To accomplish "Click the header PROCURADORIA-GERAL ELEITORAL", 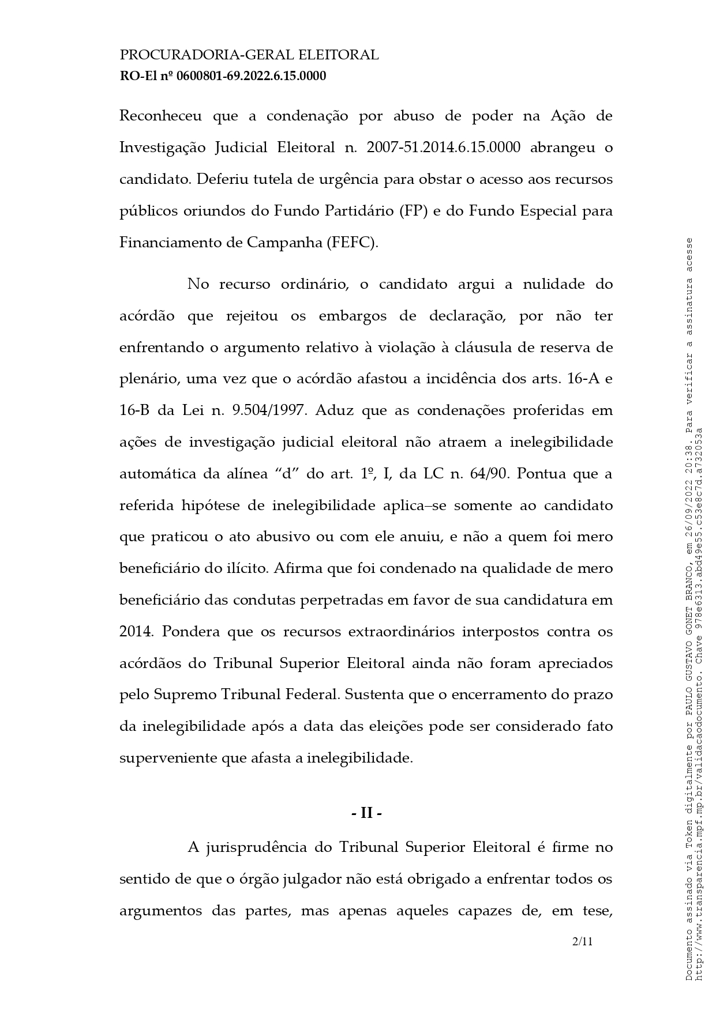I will click(249, 55).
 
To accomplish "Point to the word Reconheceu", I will click(160, 116).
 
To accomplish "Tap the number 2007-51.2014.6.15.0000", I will click(443, 148).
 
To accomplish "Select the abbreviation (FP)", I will click(413, 211).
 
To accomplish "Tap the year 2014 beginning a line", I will click(136, 632).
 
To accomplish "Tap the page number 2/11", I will click(582, 942).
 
